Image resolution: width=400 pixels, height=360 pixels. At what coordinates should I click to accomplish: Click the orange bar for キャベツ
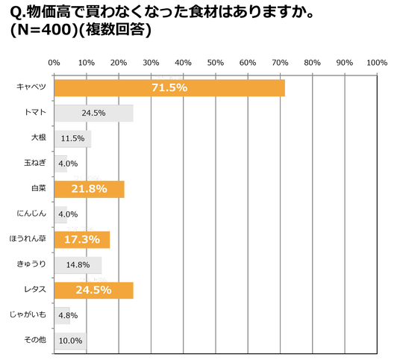(169, 88)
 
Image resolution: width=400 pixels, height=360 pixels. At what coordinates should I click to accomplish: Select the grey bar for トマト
(94, 113)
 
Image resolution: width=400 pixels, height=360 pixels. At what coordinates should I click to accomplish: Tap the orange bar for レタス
(94, 291)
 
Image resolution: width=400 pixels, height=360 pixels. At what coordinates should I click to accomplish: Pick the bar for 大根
(72, 138)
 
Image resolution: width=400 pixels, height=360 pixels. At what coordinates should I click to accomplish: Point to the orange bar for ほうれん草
(82, 240)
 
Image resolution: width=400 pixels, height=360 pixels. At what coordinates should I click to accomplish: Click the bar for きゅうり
(78, 265)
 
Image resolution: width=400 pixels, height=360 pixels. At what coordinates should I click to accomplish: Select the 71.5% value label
(169, 88)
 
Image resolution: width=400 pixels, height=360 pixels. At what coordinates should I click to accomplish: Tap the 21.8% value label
(89, 189)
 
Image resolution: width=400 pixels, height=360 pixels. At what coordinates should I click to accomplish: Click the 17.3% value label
(82, 240)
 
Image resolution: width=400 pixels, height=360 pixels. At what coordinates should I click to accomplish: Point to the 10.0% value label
(70, 341)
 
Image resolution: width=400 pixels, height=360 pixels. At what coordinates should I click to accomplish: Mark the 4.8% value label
(68, 316)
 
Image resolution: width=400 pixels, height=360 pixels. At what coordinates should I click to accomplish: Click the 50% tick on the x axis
(216, 63)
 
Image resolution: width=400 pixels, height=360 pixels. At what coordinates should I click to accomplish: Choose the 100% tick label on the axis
(377, 63)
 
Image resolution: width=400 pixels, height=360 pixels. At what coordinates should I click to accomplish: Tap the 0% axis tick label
(54, 63)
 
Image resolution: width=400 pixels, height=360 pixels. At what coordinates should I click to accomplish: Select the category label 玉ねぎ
(35, 163)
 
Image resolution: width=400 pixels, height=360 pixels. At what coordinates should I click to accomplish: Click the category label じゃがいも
(28, 314)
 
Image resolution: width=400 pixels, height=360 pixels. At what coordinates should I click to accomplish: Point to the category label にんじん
(31, 213)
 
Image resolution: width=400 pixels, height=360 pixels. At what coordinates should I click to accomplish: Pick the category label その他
(35, 340)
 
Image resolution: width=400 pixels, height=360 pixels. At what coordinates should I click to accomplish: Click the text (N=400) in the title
(44, 30)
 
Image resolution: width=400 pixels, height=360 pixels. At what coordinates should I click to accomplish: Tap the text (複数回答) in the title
(115, 30)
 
